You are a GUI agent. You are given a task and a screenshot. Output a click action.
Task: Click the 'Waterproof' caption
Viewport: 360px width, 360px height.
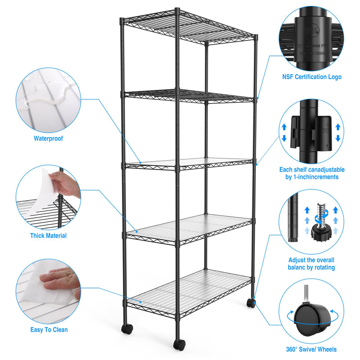tap(48, 139)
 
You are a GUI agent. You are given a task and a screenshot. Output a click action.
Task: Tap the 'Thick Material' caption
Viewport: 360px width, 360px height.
tap(48, 235)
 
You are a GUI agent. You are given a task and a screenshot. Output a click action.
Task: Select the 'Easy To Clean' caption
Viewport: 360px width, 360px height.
tap(49, 330)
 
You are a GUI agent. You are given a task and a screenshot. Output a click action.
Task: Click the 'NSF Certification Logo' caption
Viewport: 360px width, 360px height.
tap(312, 77)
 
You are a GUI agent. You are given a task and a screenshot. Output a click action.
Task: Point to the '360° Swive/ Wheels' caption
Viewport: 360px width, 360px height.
tap(311, 349)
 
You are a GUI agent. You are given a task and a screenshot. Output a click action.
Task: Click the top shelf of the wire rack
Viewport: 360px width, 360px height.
tap(189, 27)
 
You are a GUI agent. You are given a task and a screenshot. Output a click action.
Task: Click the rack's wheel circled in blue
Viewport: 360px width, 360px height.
tap(251, 303)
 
